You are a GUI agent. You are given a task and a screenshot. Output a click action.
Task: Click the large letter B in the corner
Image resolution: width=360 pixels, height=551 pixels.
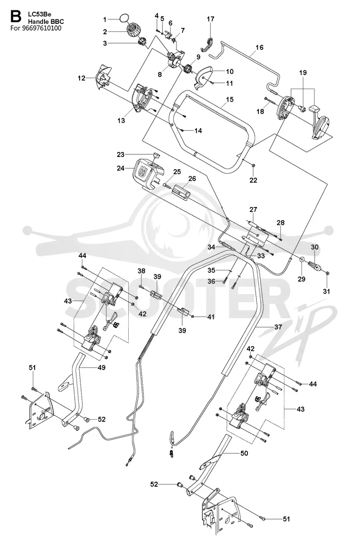pyautogui.click(x=16, y=17)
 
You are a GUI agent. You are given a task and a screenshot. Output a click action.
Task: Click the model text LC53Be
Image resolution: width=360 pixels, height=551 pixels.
pyautogui.click(x=39, y=14)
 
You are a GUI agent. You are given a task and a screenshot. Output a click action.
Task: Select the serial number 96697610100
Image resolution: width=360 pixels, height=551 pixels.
pyautogui.click(x=41, y=28)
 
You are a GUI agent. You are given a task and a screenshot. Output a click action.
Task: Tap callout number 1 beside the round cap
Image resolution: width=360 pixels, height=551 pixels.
pyautogui.click(x=105, y=19)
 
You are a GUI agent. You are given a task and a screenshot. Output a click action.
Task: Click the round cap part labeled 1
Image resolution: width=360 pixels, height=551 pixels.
pyautogui.click(x=125, y=18)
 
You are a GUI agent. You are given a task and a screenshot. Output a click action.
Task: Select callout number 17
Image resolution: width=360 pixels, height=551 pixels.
pyautogui.click(x=211, y=19)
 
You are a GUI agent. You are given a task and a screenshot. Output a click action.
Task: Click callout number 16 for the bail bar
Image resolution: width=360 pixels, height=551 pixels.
pyautogui.click(x=260, y=47)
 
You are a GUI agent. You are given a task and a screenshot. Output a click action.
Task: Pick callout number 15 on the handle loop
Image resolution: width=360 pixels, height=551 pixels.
pyautogui.click(x=230, y=99)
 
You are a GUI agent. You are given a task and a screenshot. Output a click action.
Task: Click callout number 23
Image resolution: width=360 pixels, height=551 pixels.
pyautogui.click(x=120, y=154)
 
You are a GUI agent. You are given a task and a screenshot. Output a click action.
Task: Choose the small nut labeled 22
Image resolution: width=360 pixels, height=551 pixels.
pyautogui.click(x=254, y=166)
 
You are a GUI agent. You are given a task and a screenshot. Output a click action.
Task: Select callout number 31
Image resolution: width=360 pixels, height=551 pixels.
pyautogui.click(x=326, y=291)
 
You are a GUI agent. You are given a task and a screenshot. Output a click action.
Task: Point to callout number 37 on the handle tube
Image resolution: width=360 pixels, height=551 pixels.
pyautogui.click(x=278, y=327)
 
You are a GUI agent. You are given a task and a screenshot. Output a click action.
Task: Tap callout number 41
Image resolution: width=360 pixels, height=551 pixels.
pyautogui.click(x=211, y=317)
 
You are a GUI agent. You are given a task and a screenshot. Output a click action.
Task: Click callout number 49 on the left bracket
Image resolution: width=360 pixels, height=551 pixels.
pyautogui.click(x=102, y=367)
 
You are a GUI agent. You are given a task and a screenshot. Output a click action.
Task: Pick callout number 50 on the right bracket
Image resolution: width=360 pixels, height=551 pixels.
pyautogui.click(x=244, y=453)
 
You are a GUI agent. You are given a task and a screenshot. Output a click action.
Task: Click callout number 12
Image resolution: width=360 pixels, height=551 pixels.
pyautogui.click(x=81, y=78)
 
